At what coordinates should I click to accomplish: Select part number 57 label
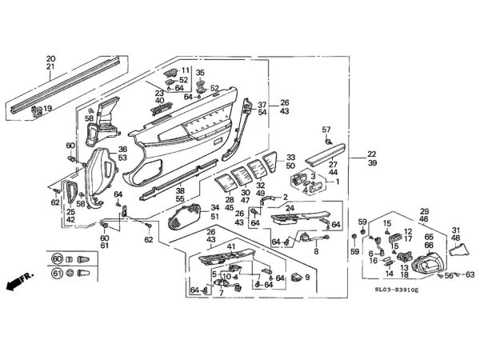[x=326, y=129]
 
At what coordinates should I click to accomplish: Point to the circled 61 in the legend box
[x=57, y=274]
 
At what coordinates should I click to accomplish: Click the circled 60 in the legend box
[x=57, y=259]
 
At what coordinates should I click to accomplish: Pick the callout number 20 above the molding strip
[x=51, y=58]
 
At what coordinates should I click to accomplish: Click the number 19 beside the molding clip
[x=47, y=109]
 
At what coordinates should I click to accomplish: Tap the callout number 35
[x=200, y=73]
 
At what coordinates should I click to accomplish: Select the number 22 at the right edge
[x=372, y=154]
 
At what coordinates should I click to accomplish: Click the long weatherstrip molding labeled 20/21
[x=72, y=82]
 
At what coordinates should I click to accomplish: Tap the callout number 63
[x=470, y=274]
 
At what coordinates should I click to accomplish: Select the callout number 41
[x=230, y=246]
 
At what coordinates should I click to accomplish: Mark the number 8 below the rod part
[x=315, y=251]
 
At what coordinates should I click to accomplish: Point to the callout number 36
[x=123, y=149]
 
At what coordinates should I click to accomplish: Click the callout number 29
[x=425, y=211]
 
